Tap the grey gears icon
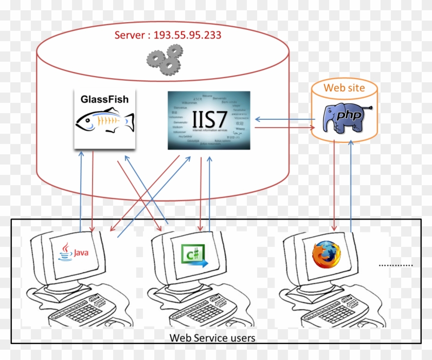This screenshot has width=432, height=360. coord(164,58)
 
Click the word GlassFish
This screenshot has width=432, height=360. coord(104,99)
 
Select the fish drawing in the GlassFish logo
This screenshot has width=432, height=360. coord(104,122)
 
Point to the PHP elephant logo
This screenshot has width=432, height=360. coord(345,117)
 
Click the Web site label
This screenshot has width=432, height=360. coord(344,87)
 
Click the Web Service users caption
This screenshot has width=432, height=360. coord(212,338)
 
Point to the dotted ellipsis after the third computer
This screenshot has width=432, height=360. coord(395,265)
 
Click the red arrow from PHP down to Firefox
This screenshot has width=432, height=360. coord(335,185)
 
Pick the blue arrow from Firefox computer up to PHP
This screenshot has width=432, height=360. coord(351,185)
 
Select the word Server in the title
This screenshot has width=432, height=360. coord(131,35)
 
